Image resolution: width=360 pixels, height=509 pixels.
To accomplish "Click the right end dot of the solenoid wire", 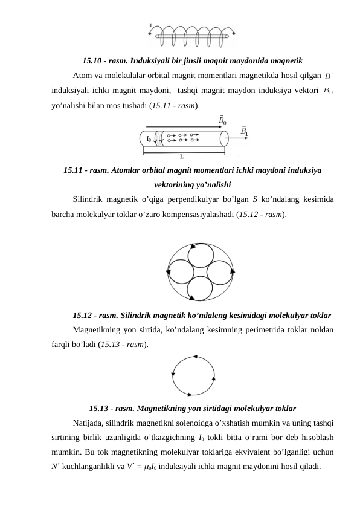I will click(228, 37).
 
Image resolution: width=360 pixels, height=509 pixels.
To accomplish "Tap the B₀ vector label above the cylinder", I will click(223, 120).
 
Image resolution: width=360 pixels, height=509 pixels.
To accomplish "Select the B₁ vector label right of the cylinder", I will click(244, 131).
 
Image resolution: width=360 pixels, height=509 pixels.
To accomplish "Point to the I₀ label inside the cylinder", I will click(149, 139).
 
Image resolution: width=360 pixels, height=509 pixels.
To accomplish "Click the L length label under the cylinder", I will click(182, 156).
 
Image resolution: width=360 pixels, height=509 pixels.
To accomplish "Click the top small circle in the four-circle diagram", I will click(200, 254).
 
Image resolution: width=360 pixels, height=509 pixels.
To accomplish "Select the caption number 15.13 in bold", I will click(99, 407).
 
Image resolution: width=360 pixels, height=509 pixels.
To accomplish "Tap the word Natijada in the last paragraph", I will click(88, 423).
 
